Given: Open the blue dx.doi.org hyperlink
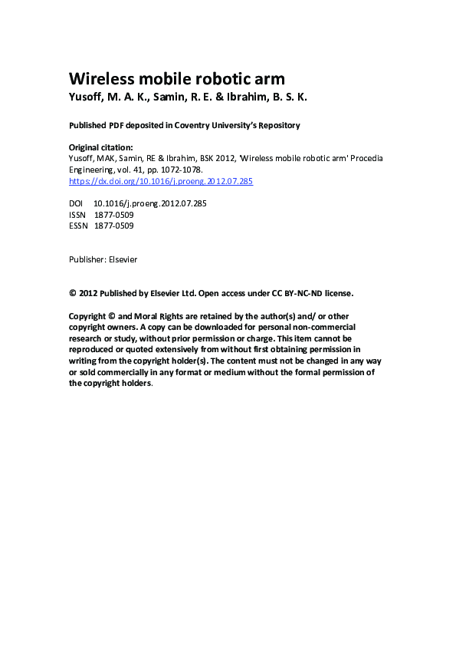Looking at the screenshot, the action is (161, 182).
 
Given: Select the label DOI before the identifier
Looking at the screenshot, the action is (77, 204).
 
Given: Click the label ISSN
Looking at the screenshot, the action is (78, 216).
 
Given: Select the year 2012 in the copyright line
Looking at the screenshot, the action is (89, 293).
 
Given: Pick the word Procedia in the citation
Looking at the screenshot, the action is (343, 158).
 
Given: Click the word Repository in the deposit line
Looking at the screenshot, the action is (275, 125).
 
